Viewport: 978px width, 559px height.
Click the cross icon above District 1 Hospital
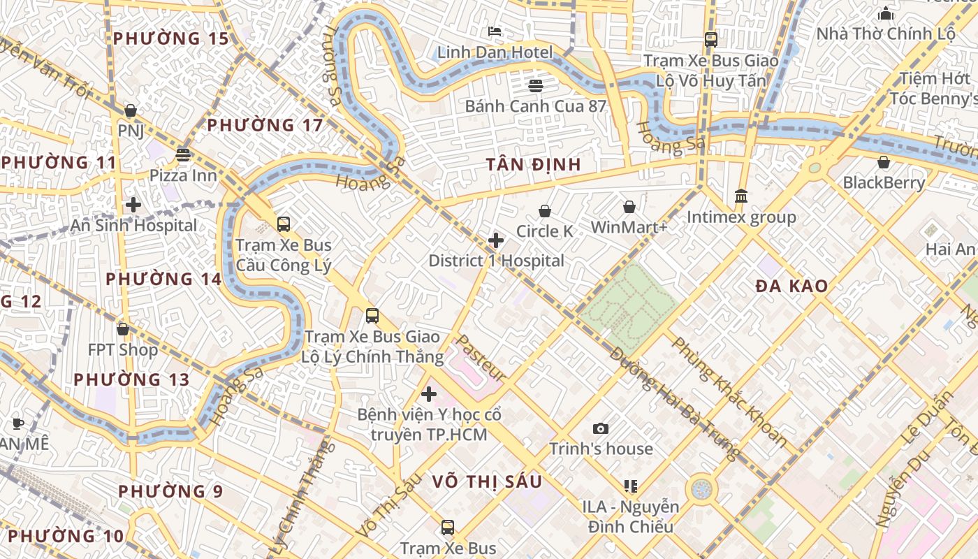[x=496, y=240]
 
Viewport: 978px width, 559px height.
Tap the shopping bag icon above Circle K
[x=545, y=210]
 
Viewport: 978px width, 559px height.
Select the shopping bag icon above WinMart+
[x=629, y=207]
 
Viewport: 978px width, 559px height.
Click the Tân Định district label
[x=534, y=164]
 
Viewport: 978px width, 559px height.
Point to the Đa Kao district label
[x=792, y=285]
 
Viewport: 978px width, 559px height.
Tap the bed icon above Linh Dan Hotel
[x=495, y=31]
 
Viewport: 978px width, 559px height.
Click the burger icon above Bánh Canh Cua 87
[x=536, y=86]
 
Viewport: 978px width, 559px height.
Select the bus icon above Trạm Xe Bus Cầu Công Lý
[x=283, y=224]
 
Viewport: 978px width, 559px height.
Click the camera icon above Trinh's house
[x=600, y=428]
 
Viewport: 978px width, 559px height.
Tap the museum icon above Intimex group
[x=741, y=196]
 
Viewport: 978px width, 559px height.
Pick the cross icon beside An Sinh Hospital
[x=133, y=205]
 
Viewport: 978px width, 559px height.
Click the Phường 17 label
[x=265, y=125]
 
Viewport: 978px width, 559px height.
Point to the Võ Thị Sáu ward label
[x=487, y=481]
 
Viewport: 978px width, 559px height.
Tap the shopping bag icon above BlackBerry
[x=884, y=162]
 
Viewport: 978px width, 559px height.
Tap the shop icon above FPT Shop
[x=123, y=328]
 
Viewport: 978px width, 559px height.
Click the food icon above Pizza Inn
[x=184, y=154]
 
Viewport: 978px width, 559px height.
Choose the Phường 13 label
[x=131, y=379]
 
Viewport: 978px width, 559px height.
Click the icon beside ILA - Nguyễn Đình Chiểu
[x=631, y=486]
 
